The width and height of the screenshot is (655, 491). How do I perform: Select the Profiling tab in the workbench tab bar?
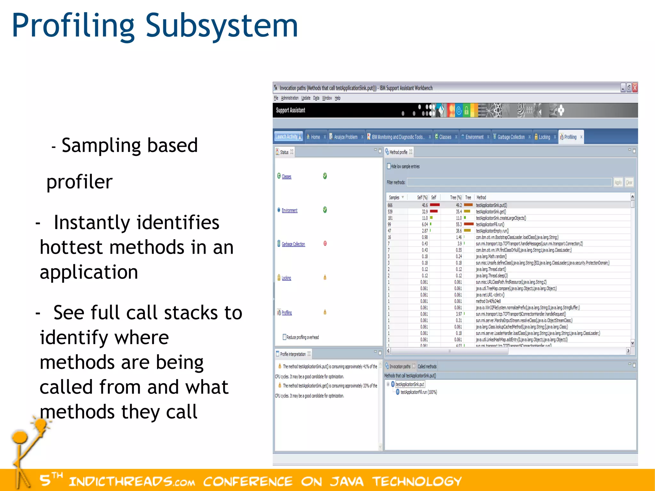pos(570,137)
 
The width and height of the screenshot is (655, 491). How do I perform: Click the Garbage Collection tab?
pos(511,137)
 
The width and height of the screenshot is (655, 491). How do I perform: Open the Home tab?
pos(315,137)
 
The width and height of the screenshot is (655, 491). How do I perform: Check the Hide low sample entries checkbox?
pos(389,166)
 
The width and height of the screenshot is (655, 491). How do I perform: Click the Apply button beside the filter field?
pos(618,182)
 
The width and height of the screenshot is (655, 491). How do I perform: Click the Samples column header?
pos(394,197)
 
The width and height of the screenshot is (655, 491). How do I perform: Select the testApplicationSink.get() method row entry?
pos(491,211)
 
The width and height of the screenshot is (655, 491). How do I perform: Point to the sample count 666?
pos(390,205)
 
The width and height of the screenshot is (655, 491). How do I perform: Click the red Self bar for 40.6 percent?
pos(435,205)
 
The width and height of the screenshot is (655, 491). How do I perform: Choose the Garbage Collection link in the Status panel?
pos(293,244)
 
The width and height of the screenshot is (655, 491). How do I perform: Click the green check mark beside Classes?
pos(325,176)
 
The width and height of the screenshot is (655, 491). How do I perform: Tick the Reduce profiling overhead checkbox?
pos(284,337)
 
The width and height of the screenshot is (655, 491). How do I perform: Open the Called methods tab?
pos(427,366)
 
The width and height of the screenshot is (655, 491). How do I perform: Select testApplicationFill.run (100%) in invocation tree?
pos(419,392)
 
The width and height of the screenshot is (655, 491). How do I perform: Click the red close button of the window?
pos(635,87)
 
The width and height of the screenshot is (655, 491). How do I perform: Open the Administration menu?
pos(290,98)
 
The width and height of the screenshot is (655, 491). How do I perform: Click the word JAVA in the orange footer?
pos(347,481)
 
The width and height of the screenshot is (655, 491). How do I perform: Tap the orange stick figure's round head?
pos(20,437)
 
